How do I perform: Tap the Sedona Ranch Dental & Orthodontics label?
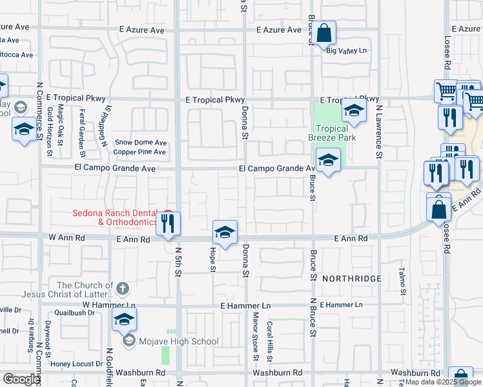[x=114, y=217]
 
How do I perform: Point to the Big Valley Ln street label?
[x=346, y=51]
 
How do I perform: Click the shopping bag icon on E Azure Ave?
[x=325, y=32]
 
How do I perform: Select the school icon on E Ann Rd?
[x=225, y=232]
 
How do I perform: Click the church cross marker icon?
[x=123, y=288]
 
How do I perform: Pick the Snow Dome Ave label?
[x=141, y=143]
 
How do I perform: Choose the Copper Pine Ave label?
[x=139, y=152]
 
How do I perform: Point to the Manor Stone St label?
[x=256, y=336]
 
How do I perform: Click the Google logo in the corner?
[x=21, y=379]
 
